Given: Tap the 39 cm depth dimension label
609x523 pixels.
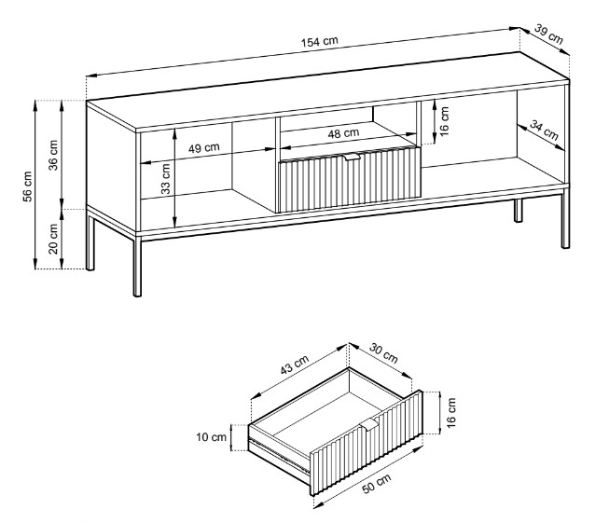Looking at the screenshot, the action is point(548,35).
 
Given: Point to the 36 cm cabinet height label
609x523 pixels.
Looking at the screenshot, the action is point(54,155).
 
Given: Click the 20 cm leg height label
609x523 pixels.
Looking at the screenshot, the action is point(54,239).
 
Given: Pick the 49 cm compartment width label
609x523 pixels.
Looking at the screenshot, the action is point(203,147).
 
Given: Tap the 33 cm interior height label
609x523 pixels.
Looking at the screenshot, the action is point(166,178).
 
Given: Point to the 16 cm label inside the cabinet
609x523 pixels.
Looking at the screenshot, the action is point(445,119).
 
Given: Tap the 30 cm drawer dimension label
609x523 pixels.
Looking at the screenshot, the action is point(383,354).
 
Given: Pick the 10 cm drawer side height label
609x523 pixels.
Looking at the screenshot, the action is point(213,436).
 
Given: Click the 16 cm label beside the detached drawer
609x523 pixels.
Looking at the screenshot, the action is point(451,410).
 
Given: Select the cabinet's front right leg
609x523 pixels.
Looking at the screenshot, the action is point(565,220).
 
